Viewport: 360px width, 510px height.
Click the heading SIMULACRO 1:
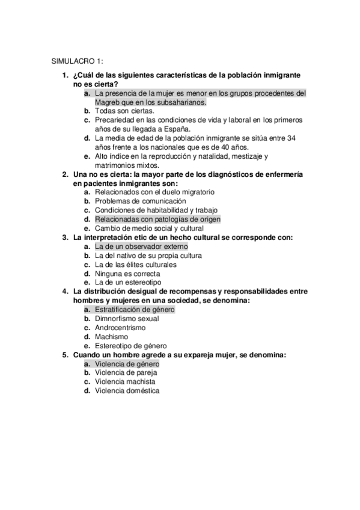(x=78, y=61)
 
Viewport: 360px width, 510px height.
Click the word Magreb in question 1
(x=108, y=102)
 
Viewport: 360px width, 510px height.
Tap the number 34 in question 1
(x=290, y=138)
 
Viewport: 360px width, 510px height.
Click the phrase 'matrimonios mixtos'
(x=127, y=165)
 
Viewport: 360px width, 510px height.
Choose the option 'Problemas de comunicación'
(x=140, y=201)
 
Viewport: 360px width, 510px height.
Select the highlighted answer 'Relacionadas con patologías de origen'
(x=157, y=219)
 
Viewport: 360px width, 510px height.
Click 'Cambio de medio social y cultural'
(x=149, y=228)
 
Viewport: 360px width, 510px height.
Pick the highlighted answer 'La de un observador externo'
(x=141, y=247)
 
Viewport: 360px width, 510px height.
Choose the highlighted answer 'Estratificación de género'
(x=135, y=310)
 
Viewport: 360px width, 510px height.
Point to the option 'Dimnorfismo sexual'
(x=127, y=319)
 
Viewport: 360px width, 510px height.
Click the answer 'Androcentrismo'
(x=120, y=328)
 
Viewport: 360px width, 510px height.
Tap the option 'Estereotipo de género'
(x=132, y=346)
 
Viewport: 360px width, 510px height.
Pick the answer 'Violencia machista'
(x=125, y=382)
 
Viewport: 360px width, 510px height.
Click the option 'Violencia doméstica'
(x=127, y=391)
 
